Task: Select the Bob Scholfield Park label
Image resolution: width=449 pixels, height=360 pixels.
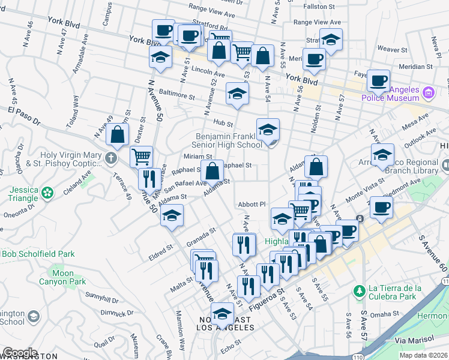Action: (38, 254)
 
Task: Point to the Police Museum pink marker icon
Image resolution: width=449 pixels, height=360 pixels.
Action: (428, 93)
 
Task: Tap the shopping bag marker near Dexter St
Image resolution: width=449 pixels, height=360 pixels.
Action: (118, 135)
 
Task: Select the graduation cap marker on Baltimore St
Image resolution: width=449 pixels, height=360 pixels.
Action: (237, 94)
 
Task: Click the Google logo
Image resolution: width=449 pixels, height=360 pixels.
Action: (20, 353)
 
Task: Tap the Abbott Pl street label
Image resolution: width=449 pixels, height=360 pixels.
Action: (252, 203)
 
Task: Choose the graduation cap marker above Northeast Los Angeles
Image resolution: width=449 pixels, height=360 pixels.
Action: (222, 314)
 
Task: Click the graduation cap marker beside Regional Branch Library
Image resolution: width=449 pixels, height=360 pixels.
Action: (382, 155)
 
